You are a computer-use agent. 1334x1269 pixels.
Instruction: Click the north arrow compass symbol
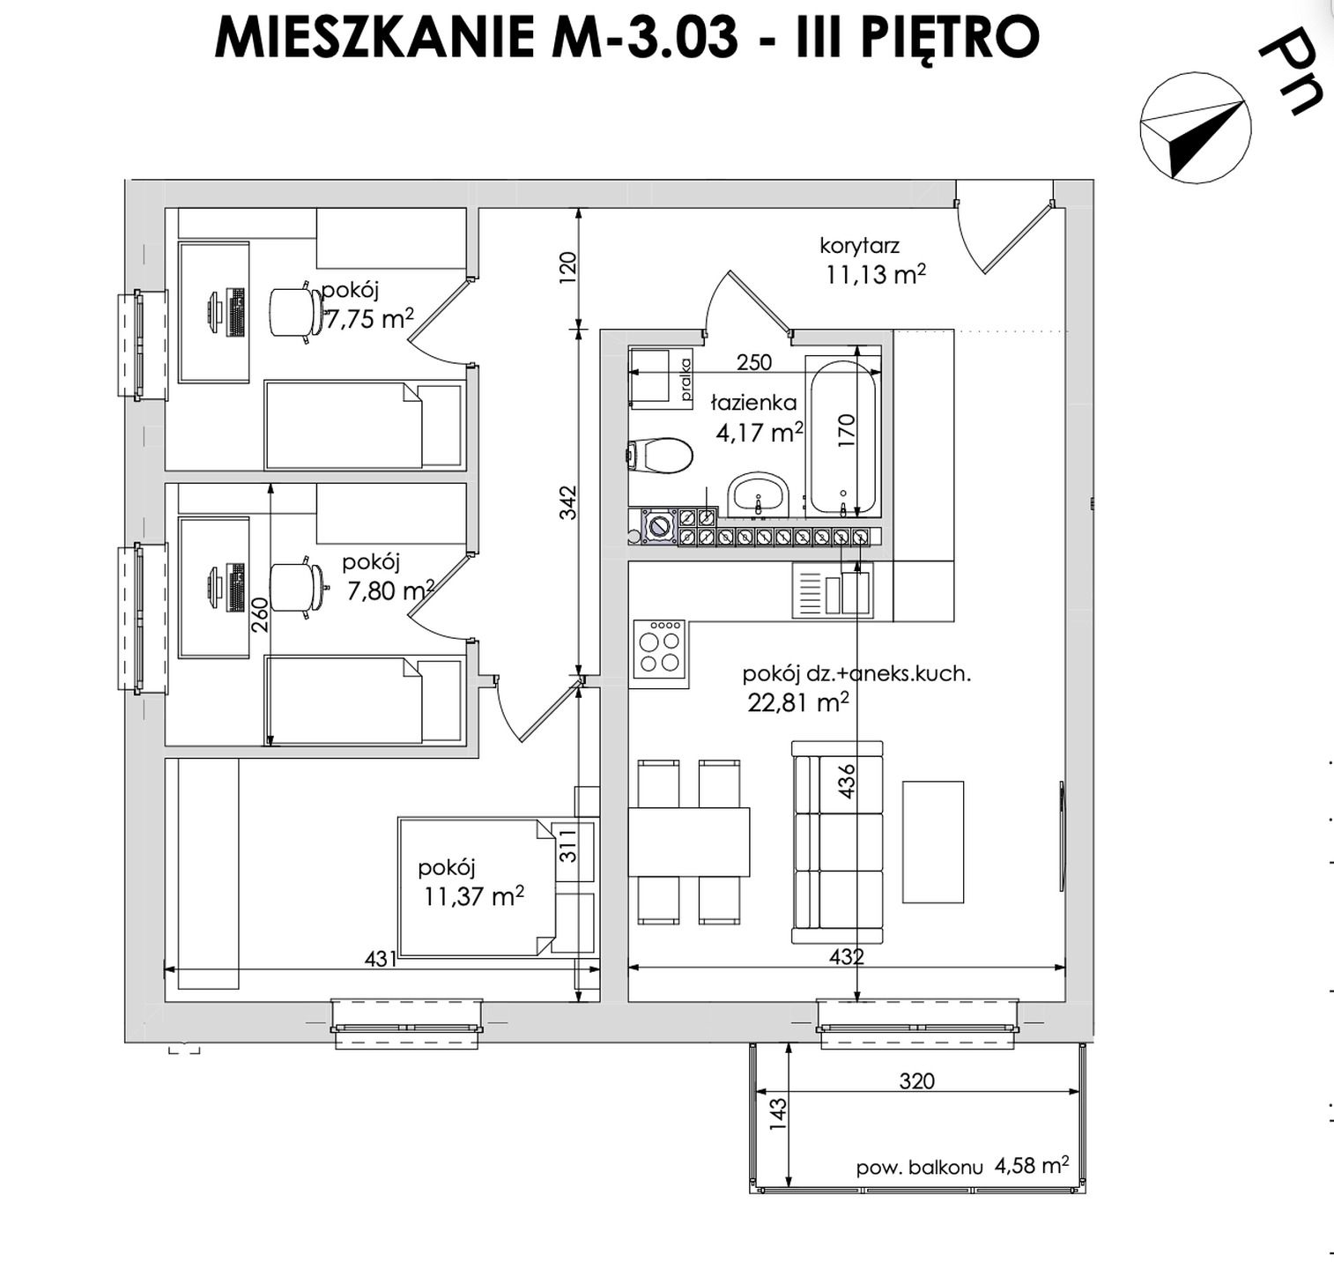coord(1195,129)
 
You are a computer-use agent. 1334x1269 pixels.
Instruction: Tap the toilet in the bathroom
coord(661,456)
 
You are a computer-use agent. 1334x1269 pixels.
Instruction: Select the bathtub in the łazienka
coord(843,438)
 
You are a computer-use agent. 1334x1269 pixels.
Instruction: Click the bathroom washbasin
coord(758,493)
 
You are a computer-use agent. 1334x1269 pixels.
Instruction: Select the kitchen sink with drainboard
coord(833,590)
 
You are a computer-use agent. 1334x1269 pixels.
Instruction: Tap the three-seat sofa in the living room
coord(837,842)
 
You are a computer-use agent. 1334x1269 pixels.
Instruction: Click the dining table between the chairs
coord(688,841)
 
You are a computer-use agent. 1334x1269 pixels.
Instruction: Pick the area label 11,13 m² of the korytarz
coord(875,275)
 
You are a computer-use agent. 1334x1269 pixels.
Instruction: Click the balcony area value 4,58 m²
coord(1032,1166)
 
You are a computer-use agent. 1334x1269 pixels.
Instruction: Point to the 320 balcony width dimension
coord(916,1080)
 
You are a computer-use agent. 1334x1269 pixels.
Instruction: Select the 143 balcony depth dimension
coord(776,1114)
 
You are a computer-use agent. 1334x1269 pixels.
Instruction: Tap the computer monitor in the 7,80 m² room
coord(215,588)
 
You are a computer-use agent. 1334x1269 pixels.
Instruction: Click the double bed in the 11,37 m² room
coord(476,887)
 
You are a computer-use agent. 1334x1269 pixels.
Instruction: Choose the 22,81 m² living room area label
coord(797,702)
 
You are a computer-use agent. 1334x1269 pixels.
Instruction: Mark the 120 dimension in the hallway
coord(567,267)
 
